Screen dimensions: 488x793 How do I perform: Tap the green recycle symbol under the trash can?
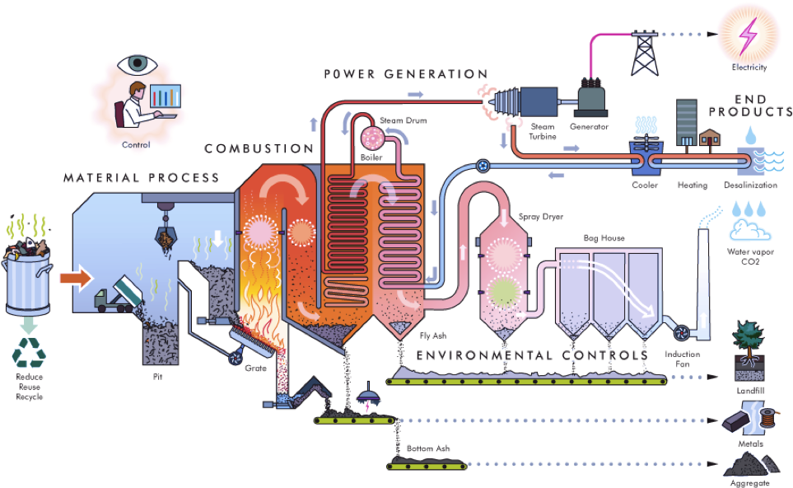coord(28,353)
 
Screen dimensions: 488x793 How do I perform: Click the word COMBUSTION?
coord(259,148)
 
